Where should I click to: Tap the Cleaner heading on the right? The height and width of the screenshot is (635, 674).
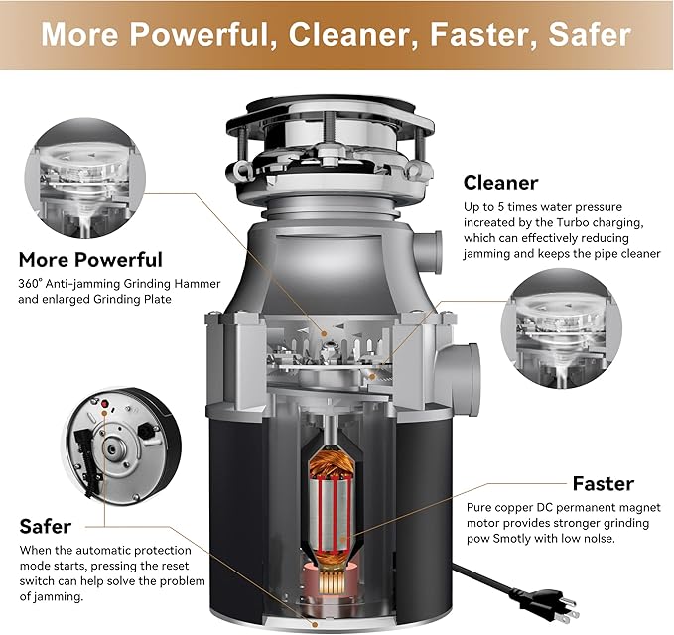500,183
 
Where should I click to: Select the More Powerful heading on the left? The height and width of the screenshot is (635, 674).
90,260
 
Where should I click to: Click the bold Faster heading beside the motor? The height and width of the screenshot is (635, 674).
603,484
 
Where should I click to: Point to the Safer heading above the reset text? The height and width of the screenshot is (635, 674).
46,525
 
